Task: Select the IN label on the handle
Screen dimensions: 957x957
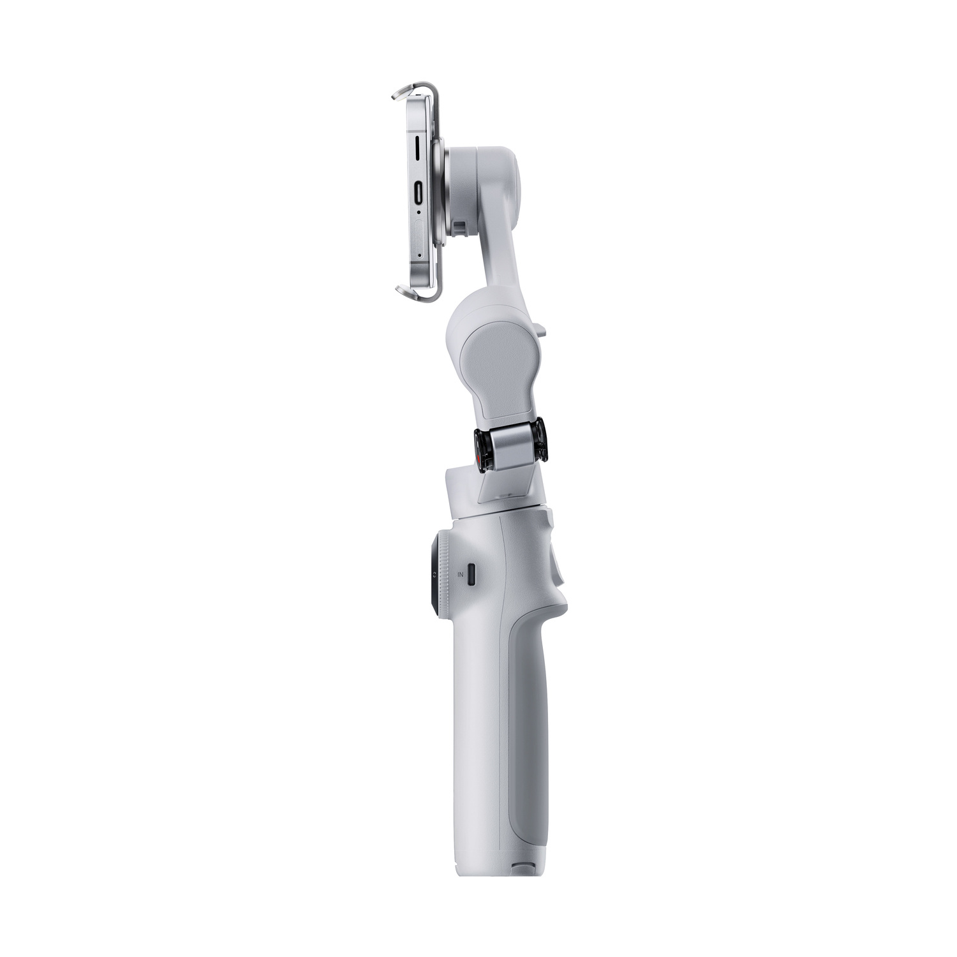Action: click(x=460, y=575)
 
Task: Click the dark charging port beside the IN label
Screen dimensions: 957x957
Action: click(x=472, y=574)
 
